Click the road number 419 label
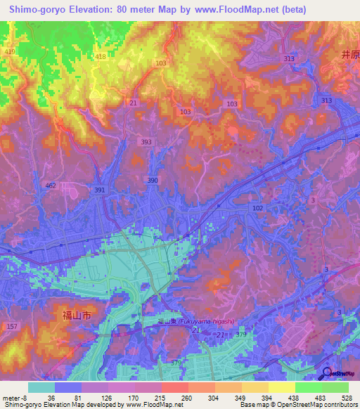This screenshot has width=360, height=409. click(x=10, y=52)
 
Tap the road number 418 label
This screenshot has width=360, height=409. click(x=100, y=56)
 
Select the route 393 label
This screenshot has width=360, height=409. click(x=146, y=142)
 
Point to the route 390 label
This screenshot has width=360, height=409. click(x=153, y=181)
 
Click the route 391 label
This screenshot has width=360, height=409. click(x=100, y=190)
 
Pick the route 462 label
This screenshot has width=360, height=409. click(x=51, y=186)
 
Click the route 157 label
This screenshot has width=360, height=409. click(x=11, y=327)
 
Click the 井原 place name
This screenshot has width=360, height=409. click(x=349, y=53)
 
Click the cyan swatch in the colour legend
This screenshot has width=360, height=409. click(x=41, y=387)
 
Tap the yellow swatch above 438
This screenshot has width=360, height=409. click(x=281, y=387)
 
